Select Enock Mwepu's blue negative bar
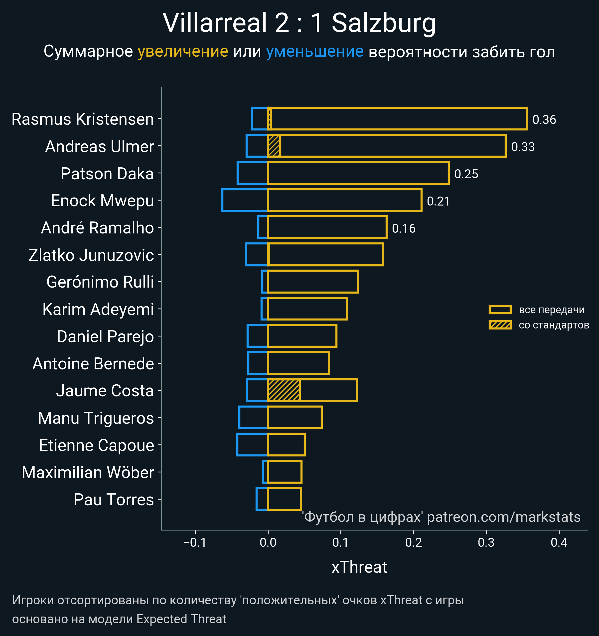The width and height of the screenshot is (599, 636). (245, 200)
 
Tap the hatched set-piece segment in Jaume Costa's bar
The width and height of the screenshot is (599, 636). (284, 390)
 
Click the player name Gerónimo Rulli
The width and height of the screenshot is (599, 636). (100, 282)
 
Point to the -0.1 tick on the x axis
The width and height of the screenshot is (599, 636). (195, 542)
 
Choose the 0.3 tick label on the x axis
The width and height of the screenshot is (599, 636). (486, 542)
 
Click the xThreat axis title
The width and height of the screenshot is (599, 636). (359, 567)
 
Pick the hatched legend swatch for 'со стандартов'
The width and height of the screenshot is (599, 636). (500, 325)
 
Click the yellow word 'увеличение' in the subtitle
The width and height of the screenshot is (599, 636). (183, 52)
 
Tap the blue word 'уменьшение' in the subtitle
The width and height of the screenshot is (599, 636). (315, 52)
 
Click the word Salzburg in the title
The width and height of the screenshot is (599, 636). (384, 23)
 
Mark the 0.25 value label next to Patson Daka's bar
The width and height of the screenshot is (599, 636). (466, 174)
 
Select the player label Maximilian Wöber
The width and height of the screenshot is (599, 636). (88, 472)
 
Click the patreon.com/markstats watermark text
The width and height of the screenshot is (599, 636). (504, 517)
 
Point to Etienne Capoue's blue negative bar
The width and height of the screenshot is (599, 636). (252, 444)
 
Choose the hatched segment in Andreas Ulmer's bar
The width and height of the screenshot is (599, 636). (274, 146)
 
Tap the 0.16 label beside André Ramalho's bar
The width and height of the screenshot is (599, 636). (404, 228)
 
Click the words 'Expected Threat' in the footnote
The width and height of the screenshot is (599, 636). (181, 619)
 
